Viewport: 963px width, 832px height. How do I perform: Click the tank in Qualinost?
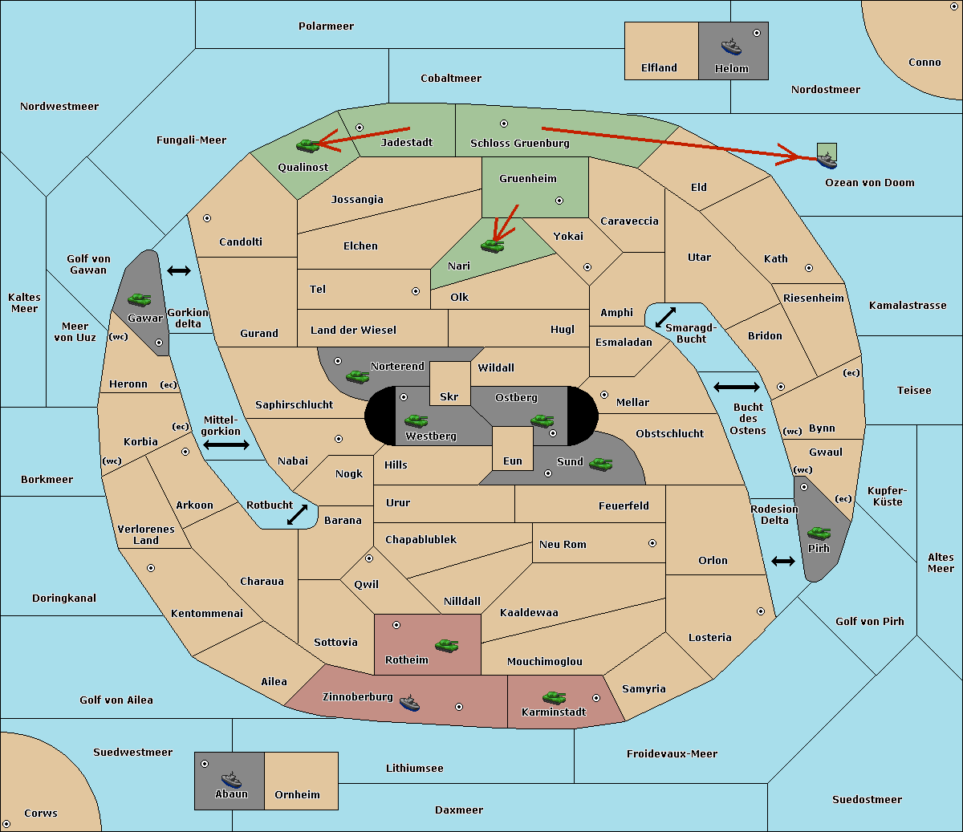pos(308,146)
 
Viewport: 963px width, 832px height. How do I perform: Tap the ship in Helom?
pos(731,47)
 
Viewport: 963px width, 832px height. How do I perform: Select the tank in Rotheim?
pos(447,646)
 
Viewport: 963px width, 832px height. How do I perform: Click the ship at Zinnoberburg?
pos(409,703)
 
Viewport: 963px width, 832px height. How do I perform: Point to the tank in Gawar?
pos(140,299)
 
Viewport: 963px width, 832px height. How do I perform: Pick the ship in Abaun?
pos(231,780)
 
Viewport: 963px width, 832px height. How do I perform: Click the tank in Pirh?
pos(819,533)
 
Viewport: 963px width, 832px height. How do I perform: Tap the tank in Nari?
pos(493,246)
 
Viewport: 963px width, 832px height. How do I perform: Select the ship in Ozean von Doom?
pos(827,160)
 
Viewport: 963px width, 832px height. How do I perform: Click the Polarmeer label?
pos(326,26)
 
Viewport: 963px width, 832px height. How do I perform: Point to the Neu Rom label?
pos(563,544)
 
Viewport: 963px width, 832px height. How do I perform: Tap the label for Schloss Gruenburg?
pos(520,143)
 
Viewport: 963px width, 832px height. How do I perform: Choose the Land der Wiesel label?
pos(353,330)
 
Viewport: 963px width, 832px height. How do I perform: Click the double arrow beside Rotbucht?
pos(297,515)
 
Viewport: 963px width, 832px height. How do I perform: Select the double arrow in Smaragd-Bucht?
pos(665,317)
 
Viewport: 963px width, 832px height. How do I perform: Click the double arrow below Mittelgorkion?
pos(226,445)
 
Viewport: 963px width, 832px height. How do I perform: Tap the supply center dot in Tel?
pos(416,291)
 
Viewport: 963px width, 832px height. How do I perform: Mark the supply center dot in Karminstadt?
pos(596,698)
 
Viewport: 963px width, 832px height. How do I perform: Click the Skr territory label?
pos(449,396)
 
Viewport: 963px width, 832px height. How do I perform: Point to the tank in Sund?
pos(600,464)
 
